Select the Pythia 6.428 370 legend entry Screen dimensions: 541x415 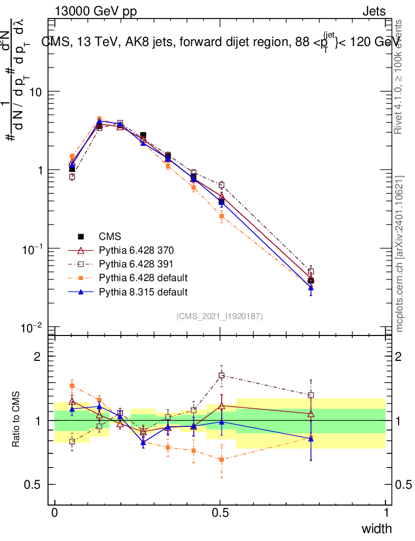pyautogui.click(x=136, y=250)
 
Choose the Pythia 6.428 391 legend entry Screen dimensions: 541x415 pyautogui.click(x=136, y=264)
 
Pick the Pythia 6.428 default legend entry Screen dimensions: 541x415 pyautogui.click(x=143, y=278)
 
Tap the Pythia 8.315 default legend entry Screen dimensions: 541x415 pyautogui.click(x=143, y=292)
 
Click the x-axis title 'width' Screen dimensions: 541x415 pyautogui.click(x=376, y=528)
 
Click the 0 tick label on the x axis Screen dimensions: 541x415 pyautogui.click(x=55, y=512)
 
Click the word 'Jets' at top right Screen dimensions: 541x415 pyautogui.click(x=373, y=12)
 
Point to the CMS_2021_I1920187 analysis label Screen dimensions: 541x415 pyautogui.click(x=220, y=316)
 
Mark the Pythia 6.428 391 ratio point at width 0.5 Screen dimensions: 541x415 pyautogui.click(x=222, y=376)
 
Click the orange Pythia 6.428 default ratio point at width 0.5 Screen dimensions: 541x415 pyautogui.click(x=222, y=460)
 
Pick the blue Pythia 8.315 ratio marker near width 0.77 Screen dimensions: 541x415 pyautogui.click(x=311, y=438)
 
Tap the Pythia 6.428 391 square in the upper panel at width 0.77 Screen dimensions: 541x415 pyautogui.click(x=311, y=272)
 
